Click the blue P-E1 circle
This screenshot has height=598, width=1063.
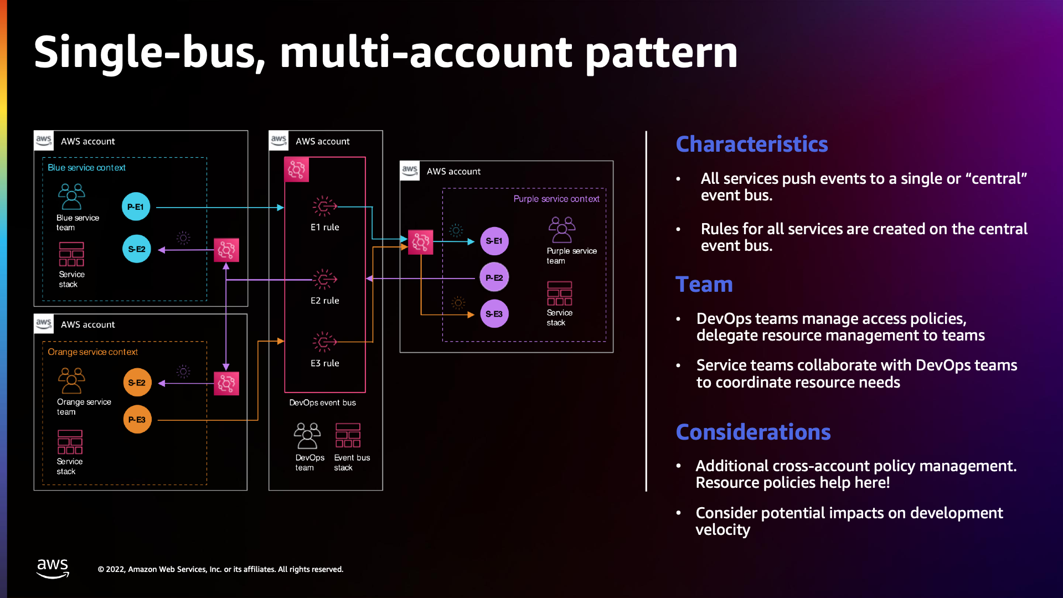[136, 207]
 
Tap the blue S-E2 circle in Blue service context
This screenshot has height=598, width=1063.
[136, 249]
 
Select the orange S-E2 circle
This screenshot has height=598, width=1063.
[137, 383]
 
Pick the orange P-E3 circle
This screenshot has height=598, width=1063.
[137, 420]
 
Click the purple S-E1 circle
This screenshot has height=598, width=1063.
[494, 241]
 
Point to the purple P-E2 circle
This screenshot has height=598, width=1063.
[494, 277]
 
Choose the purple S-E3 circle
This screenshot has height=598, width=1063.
[494, 314]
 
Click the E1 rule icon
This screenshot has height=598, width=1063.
[324, 207]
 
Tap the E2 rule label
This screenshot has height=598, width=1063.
[324, 301]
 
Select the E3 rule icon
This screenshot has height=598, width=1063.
[324, 342]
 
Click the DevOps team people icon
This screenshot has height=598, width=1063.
[307, 436]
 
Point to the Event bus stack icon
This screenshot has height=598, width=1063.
[348, 436]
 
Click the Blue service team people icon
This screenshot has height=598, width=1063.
[71, 197]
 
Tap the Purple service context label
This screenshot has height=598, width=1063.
[556, 199]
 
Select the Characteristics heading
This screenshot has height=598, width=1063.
[751, 144]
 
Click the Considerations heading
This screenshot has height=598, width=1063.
[753, 432]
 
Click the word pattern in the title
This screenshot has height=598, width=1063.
[661, 53]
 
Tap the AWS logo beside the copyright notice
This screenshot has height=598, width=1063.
[53, 568]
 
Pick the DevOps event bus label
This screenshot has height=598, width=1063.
[322, 403]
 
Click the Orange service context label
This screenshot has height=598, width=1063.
[92, 352]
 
